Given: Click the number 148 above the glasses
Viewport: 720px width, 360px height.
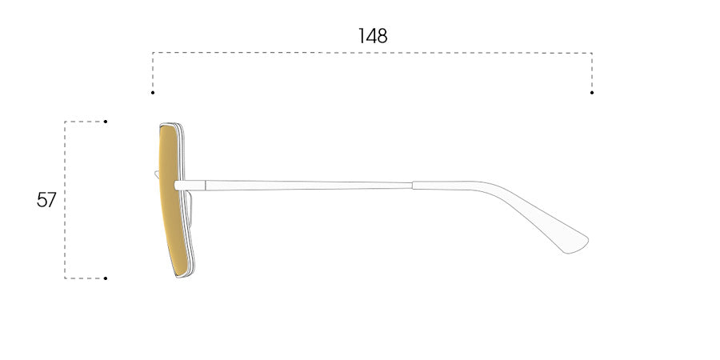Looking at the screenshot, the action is [x=373, y=36].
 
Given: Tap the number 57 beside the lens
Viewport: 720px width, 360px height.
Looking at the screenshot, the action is [x=46, y=200].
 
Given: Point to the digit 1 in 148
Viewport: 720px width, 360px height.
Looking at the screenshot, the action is [x=361, y=36].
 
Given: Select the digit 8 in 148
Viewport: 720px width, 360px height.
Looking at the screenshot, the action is [x=382, y=36].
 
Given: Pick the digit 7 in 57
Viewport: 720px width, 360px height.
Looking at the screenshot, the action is [x=51, y=200].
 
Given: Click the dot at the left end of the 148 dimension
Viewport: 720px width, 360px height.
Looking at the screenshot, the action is [x=153, y=93].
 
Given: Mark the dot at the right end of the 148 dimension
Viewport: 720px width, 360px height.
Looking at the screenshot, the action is [x=592, y=93].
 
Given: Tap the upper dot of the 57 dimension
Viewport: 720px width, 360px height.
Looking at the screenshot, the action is [x=106, y=122].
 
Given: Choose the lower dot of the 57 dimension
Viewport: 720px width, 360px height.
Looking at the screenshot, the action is [x=106, y=278].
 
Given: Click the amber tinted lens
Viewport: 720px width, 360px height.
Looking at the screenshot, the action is [x=171, y=200].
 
